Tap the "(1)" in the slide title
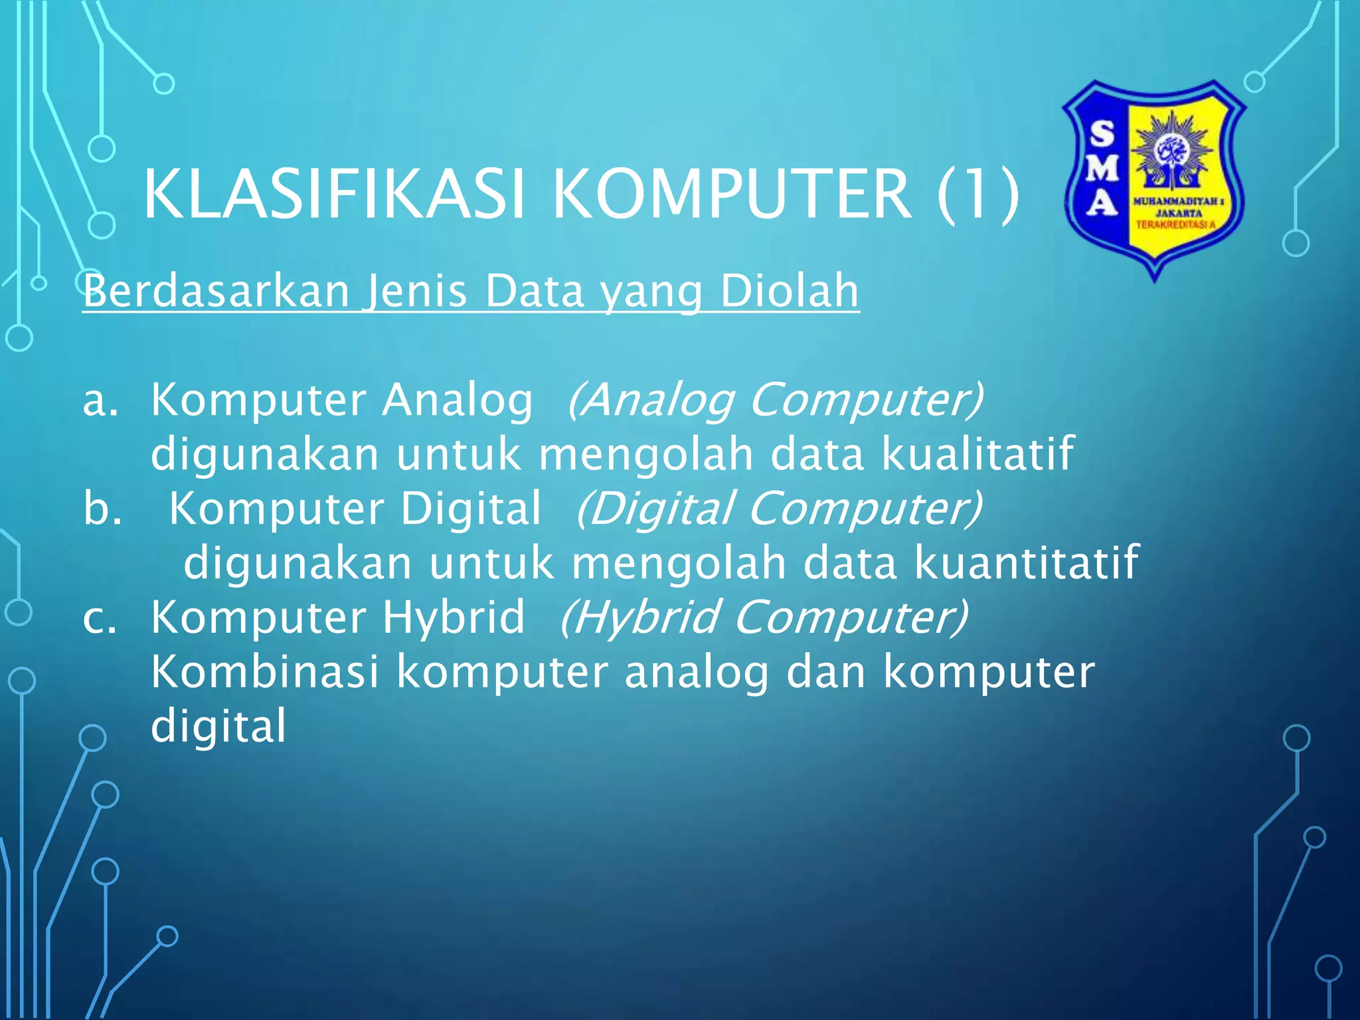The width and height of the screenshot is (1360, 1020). coord(977,194)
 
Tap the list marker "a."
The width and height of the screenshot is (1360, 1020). coord(100,400)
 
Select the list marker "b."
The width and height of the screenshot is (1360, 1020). coord(102,509)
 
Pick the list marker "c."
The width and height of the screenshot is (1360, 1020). coord(100,618)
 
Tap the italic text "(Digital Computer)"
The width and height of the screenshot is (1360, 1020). coord(779,509)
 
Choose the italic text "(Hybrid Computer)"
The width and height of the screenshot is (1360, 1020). coord(764,618)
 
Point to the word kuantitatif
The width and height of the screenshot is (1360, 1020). coord(1027,563)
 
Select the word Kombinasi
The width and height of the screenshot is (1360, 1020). coord(265,672)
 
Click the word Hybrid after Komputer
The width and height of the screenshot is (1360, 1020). coord(453,618)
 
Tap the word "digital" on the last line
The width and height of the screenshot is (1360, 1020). coord(218,726)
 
